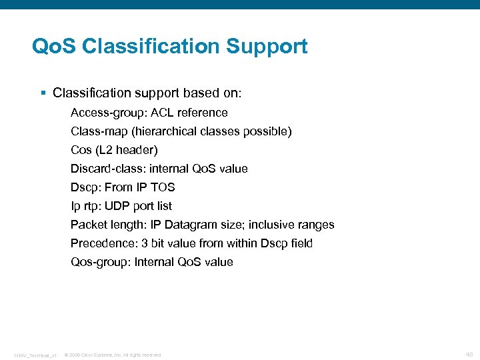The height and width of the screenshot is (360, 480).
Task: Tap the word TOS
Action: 162,187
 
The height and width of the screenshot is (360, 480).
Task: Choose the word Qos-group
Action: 99,262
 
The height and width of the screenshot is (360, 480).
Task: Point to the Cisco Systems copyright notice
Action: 113,355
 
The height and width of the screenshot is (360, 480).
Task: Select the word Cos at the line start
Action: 81,150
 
